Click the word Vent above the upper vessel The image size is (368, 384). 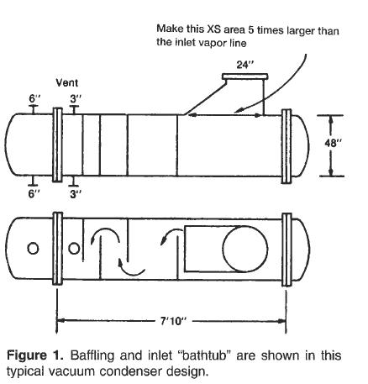[67, 84]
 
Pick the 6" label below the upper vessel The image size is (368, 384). [34, 193]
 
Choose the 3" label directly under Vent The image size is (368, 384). [75, 98]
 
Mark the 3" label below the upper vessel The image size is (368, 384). [75, 193]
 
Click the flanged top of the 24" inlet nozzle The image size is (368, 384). [244, 78]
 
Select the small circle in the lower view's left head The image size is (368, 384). [33, 249]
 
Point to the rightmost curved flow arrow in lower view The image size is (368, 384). [167, 238]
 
